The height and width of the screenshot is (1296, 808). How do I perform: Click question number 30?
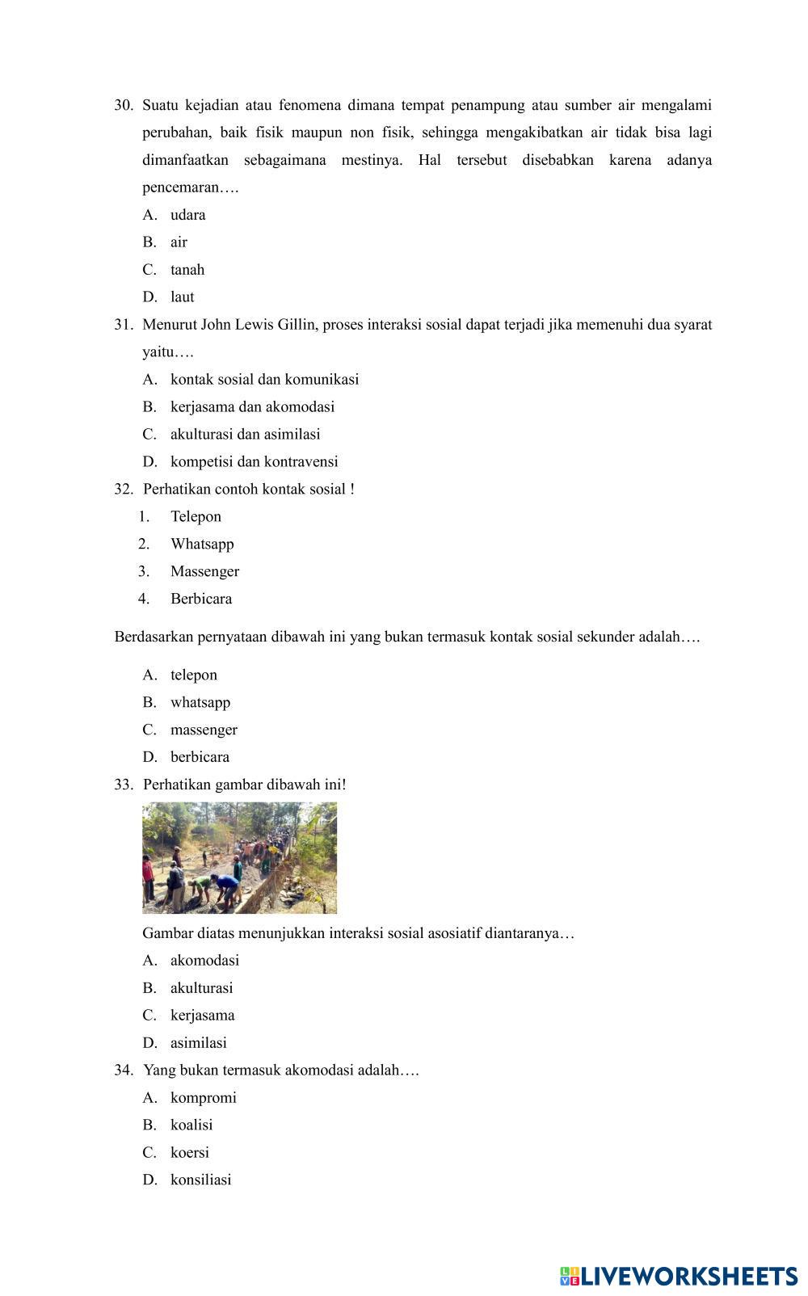123,105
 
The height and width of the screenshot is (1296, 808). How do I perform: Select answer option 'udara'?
187,215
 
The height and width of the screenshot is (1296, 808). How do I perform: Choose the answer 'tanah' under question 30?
187,270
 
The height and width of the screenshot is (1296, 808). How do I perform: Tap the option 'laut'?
182,297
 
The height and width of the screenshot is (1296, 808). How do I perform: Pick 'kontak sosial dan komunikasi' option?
264,380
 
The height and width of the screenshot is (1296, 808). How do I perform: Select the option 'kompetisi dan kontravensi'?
254,462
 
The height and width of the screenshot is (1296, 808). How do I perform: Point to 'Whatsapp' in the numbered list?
202,545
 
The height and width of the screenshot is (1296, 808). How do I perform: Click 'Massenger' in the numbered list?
204,572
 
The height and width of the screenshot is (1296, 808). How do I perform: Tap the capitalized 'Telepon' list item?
196,517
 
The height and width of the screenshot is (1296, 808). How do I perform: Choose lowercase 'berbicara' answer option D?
200,757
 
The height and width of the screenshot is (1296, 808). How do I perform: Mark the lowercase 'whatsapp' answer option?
200,702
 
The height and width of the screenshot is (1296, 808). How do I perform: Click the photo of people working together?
239,857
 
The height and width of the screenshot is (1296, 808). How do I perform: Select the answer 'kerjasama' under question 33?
202,1016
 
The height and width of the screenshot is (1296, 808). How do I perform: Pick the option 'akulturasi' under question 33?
201,988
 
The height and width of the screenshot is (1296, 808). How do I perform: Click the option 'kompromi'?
203,1098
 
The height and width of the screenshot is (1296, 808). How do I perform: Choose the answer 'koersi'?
189,1153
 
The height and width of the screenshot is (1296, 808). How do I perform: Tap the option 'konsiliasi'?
200,1180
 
